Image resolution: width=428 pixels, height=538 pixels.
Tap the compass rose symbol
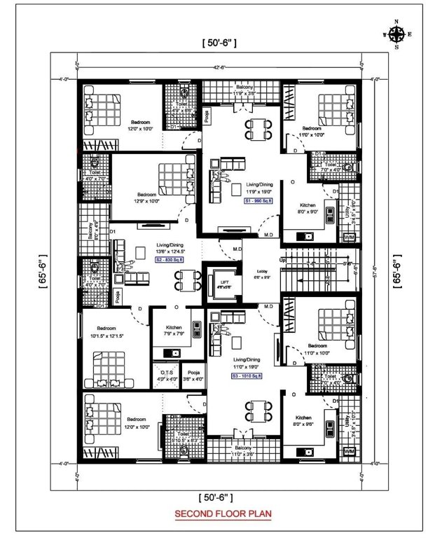[396, 34]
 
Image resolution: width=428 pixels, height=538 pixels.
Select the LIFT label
[224, 283]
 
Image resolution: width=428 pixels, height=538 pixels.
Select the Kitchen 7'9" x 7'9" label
[174, 330]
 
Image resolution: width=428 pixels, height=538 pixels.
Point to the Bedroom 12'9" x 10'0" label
[147, 198]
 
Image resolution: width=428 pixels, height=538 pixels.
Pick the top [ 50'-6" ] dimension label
[219, 43]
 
